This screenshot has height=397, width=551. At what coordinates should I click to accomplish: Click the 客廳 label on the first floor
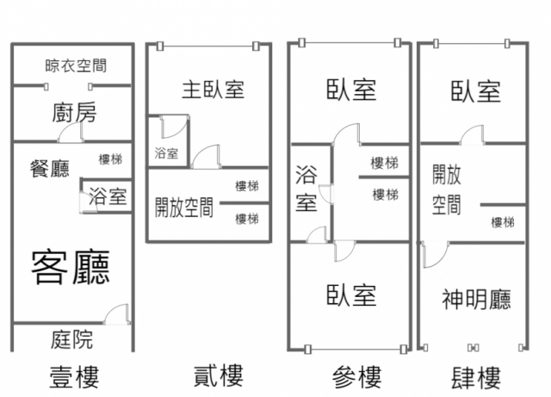pyautogui.click(x=71, y=266)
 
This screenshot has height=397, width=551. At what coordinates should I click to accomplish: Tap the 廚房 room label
pyautogui.click(x=74, y=113)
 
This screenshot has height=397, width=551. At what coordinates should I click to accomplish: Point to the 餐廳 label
pyautogui.click(x=49, y=168)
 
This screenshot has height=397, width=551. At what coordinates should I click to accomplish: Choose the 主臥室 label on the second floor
pyautogui.click(x=212, y=90)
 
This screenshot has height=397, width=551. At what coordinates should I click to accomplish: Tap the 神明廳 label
pyautogui.click(x=476, y=299)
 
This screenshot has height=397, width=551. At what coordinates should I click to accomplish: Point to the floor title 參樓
pyautogui.click(x=356, y=376)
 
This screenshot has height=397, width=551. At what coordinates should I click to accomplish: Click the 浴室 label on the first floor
pyautogui.click(x=108, y=196)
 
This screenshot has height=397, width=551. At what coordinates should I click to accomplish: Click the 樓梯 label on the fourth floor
pyautogui.click(x=503, y=222)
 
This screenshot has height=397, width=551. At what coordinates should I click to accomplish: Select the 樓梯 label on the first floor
pyautogui.click(x=110, y=158)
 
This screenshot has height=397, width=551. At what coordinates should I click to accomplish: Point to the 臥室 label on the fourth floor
pyautogui.click(x=475, y=90)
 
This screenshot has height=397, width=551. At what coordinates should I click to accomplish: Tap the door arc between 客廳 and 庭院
pyautogui.click(x=116, y=313)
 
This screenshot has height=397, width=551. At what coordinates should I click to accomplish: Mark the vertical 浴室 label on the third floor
pyautogui.click(x=306, y=189)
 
